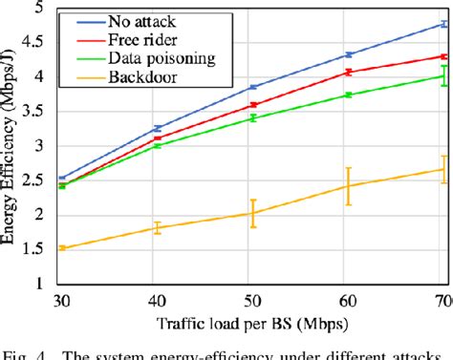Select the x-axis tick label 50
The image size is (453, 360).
(252, 301)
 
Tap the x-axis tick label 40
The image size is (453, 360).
(157, 301)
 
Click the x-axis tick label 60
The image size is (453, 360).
(349, 301)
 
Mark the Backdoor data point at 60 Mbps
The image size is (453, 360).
(349, 186)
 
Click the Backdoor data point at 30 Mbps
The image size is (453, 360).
(61, 248)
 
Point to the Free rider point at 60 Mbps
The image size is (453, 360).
(349, 72)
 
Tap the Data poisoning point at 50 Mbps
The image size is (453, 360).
(252, 117)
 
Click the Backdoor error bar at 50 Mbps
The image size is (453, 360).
(252, 213)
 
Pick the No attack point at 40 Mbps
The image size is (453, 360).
(157, 128)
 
